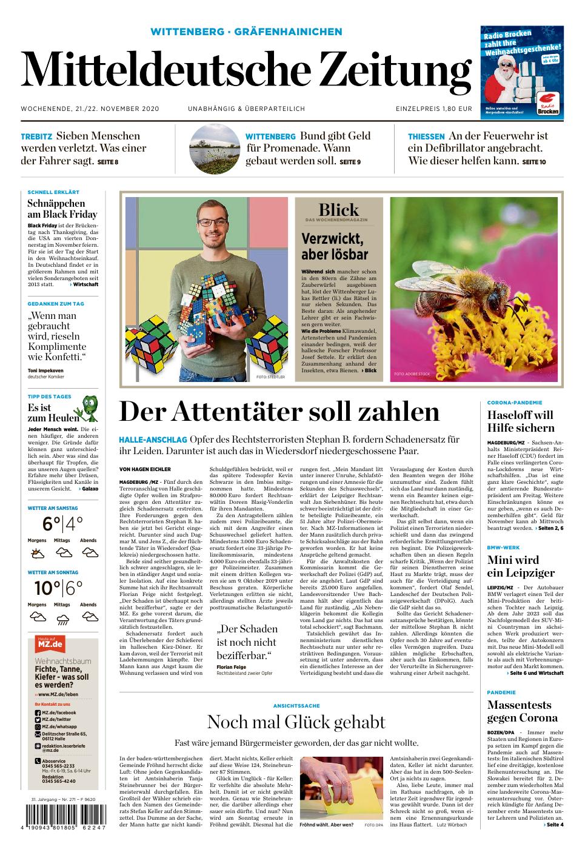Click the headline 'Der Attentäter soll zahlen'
pos(279,412)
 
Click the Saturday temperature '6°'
pos(52,523)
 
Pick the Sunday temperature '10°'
pos(47,588)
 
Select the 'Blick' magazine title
pos(338,210)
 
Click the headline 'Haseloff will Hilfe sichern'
pos(520,421)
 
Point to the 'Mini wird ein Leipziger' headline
pos(521,566)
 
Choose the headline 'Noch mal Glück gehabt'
pos(296,722)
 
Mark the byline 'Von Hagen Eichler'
pos(145,469)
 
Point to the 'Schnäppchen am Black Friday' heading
pos(62,209)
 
